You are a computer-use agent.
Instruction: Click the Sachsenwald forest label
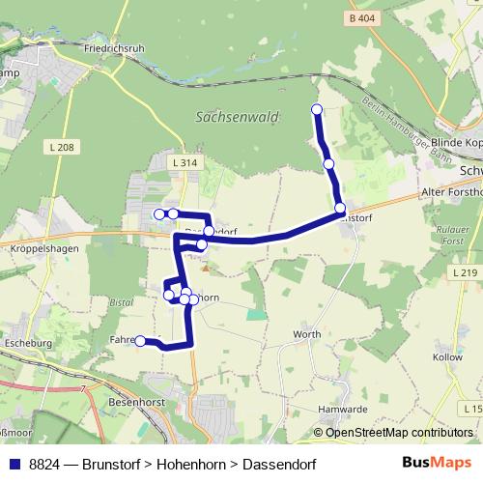pyautogui.click(x=237, y=117)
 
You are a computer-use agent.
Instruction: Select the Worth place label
pyautogui.click(x=306, y=334)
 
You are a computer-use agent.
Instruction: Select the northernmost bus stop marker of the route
pyautogui.click(x=316, y=109)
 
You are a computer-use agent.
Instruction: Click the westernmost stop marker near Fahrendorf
pyautogui.click(x=140, y=340)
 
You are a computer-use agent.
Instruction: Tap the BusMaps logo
pyautogui.click(x=438, y=463)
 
